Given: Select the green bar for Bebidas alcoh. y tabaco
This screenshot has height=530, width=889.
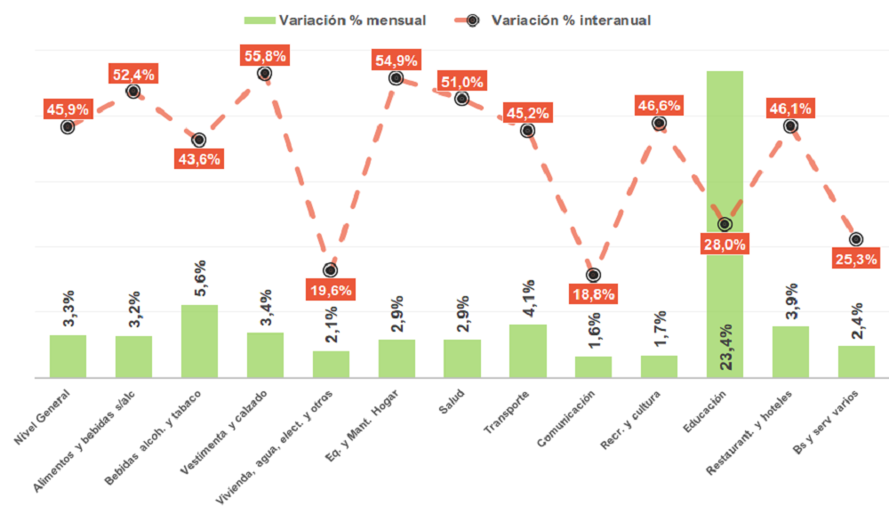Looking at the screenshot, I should coord(199,341).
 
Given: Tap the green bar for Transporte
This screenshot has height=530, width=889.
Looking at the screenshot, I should coord(527,351).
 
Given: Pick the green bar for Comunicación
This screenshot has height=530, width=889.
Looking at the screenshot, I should coord(593,366).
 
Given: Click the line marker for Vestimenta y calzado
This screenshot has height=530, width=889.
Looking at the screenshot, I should coord(264,74).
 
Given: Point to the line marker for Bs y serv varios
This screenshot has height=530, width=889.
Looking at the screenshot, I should coord(856,239).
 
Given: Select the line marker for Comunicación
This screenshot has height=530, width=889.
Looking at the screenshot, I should coord(593,275).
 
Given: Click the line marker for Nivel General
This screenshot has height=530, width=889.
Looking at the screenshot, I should coord(68,126).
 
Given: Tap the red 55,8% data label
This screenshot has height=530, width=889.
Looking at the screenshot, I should coord(264,56).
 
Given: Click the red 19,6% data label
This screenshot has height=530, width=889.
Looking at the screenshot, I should coord(330,289).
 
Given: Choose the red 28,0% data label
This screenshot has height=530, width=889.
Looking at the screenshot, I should coord(725,244).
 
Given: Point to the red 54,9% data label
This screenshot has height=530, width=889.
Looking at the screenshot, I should coord(396,60).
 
